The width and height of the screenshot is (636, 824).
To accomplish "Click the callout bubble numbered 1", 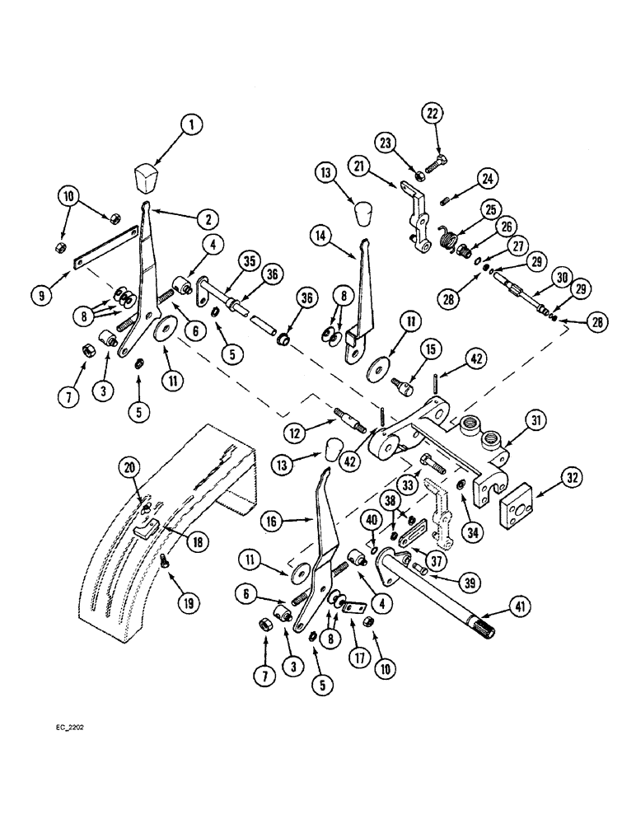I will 191,126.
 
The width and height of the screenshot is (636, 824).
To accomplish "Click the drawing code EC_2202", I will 71,728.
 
